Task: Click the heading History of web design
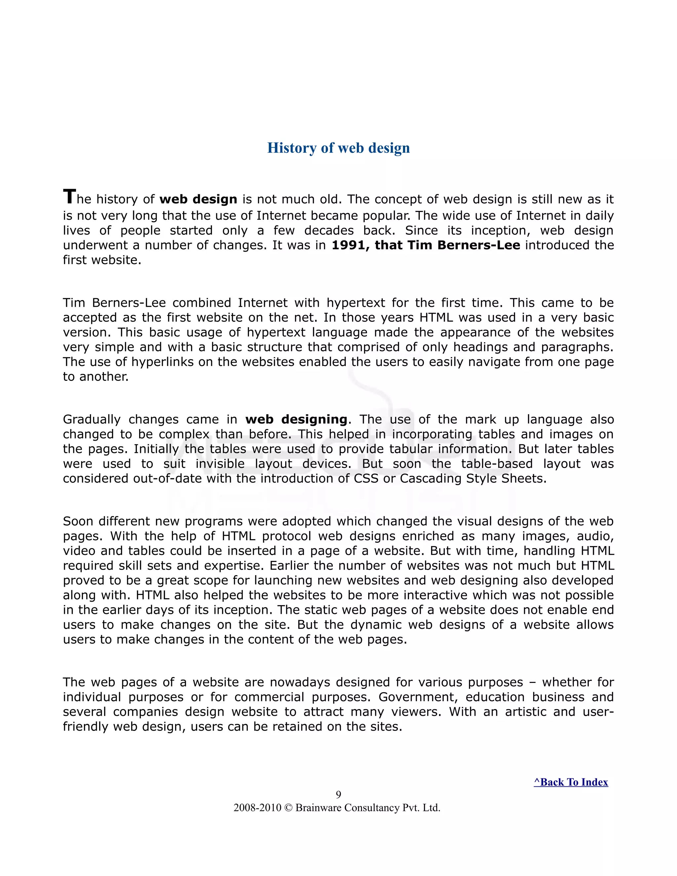338,148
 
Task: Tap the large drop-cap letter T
69,197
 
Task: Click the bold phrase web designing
296,419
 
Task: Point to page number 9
338,795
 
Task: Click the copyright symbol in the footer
288,808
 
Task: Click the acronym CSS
366,479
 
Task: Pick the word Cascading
430,479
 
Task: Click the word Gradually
92,419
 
